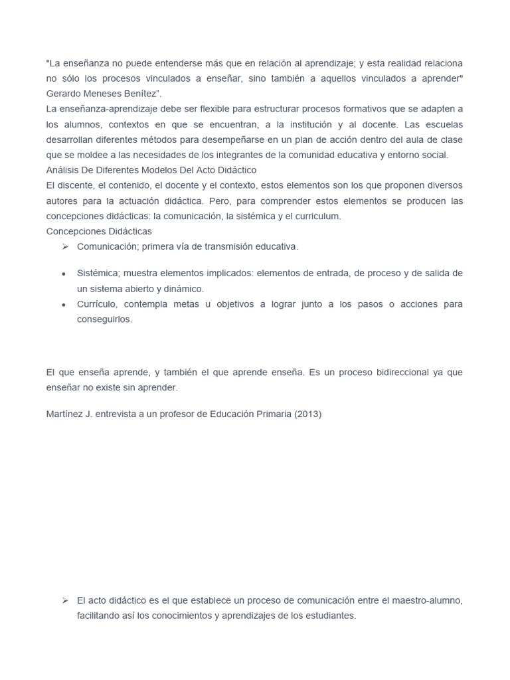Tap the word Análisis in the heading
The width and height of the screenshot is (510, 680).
[64, 170]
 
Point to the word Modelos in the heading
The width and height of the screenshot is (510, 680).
[166, 170]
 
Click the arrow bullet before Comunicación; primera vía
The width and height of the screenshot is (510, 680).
[64, 246]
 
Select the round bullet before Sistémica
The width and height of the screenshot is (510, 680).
[63, 274]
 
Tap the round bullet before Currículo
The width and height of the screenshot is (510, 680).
[63, 304]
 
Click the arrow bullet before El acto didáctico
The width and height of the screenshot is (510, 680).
[64, 600]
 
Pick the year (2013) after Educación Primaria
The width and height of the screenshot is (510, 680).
[307, 414]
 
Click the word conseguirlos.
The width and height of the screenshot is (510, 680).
[105, 319]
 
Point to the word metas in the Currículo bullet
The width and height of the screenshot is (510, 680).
[174, 303]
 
